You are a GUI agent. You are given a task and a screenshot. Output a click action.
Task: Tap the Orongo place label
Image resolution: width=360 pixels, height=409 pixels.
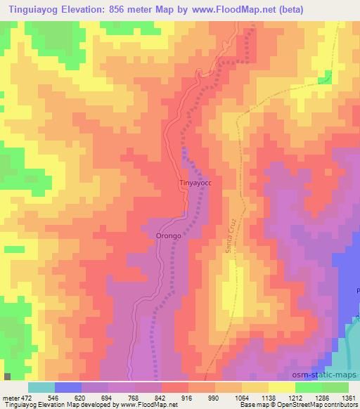tap(169, 236)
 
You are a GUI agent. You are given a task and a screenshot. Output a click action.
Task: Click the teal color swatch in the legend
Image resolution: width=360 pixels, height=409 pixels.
tap(41, 387)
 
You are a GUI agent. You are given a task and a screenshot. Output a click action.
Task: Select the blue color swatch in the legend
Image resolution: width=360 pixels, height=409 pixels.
tap(67, 387)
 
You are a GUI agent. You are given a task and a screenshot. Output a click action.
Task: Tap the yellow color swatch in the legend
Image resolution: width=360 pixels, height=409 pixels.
tap(281, 387)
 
